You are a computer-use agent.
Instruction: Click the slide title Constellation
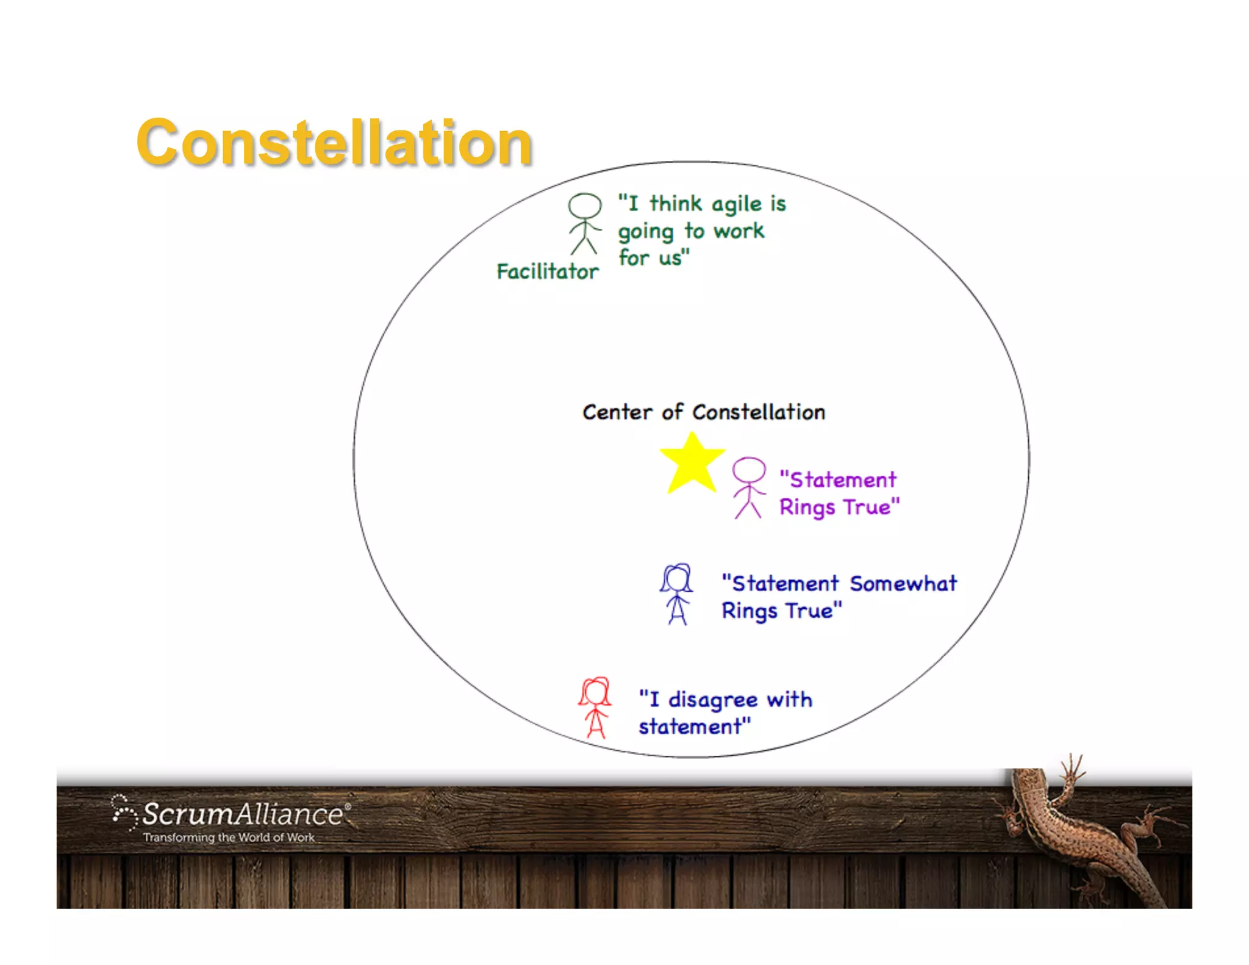point(334,143)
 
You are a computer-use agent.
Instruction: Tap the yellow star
point(692,464)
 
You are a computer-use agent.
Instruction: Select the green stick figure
point(585,224)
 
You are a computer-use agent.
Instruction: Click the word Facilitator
point(548,271)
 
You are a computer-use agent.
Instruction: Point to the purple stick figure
point(748,488)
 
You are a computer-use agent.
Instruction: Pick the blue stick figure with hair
point(676,594)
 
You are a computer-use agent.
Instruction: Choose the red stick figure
point(595,708)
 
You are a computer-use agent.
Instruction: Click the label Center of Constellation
point(704,412)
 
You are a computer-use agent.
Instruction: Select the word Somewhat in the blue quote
point(903,584)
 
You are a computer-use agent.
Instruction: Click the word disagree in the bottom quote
point(713,700)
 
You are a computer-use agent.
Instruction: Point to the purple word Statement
point(843,480)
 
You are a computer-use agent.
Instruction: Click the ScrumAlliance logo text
point(243,814)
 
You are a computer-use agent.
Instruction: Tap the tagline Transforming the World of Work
point(229,838)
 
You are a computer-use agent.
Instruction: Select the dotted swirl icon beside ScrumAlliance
point(124,812)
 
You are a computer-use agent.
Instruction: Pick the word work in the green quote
point(739,231)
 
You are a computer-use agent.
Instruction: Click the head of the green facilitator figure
point(585,206)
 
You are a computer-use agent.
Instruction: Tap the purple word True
point(867,508)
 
